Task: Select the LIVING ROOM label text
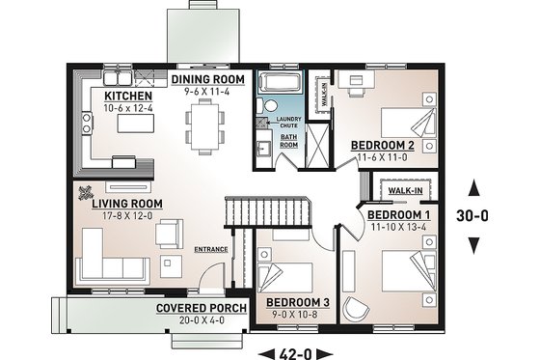pyautogui.click(x=126, y=205)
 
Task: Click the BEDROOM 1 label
pyautogui.click(x=399, y=214)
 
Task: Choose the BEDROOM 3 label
pyautogui.click(x=298, y=302)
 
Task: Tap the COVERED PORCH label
pyautogui.click(x=201, y=308)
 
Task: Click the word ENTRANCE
pyautogui.click(x=211, y=250)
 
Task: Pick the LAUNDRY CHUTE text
pyautogui.click(x=290, y=123)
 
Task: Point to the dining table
pyautogui.click(x=205, y=124)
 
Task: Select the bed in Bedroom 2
pyautogui.click(x=410, y=123)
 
